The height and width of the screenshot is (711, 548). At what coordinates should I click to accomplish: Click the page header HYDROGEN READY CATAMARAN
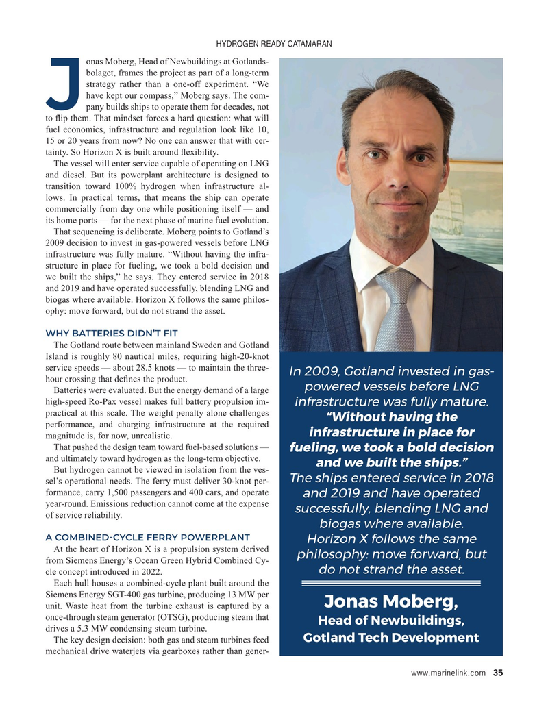point(273,45)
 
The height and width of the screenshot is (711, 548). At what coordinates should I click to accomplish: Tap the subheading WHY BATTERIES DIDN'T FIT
point(112,333)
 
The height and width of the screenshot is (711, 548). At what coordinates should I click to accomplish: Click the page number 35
point(498,673)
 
